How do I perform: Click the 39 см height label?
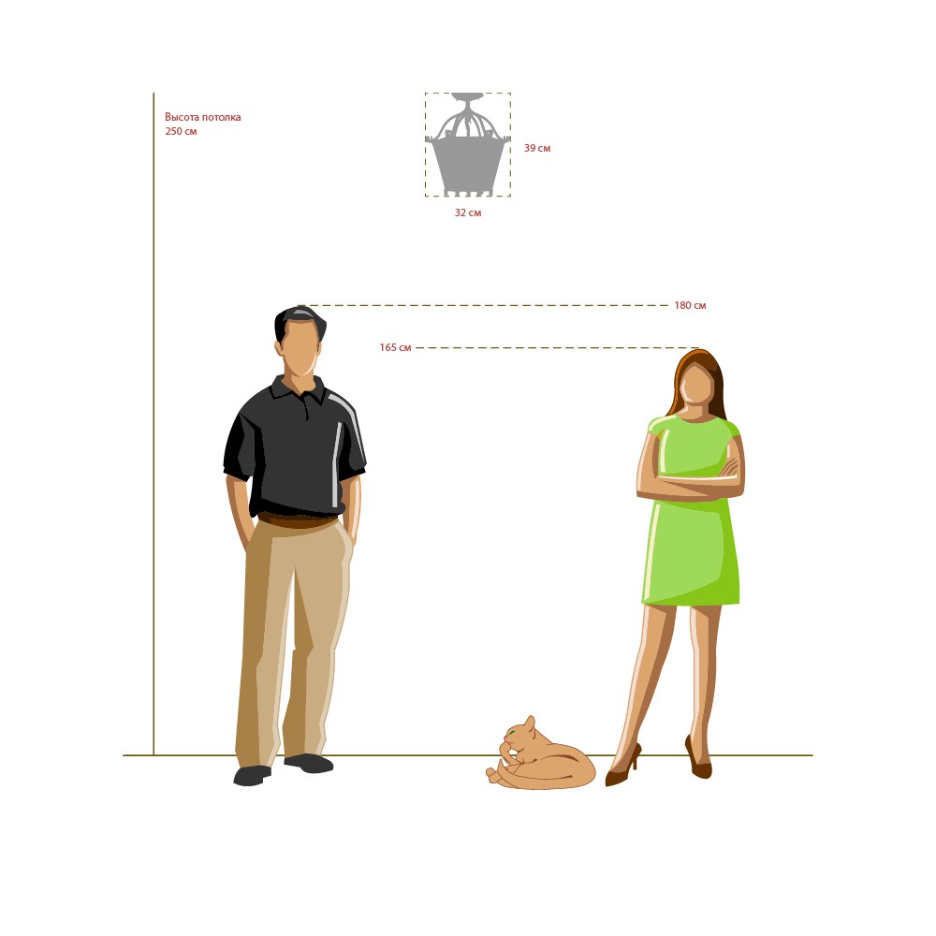tap(537, 148)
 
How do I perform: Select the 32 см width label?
tap(468, 212)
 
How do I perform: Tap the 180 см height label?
tap(690, 305)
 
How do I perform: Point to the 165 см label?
tap(395, 347)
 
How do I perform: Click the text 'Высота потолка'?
tap(203, 117)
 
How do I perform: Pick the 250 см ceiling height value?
tap(181, 131)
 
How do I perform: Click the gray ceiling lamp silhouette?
tap(468, 144)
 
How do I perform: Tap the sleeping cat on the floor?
tap(541, 753)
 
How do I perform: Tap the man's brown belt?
tap(297, 520)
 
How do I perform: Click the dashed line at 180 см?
tap(483, 305)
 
